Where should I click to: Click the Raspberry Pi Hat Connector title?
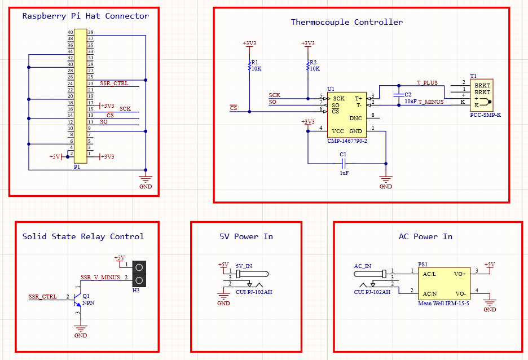[x=85, y=16]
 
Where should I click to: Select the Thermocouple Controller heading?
[x=346, y=23]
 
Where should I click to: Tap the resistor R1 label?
[x=254, y=63]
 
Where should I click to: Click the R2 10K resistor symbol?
[x=307, y=66]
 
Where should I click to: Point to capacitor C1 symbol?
[x=343, y=164]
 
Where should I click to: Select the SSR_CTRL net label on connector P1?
[x=114, y=84]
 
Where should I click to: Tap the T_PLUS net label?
[x=427, y=83]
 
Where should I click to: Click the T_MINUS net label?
[x=430, y=102]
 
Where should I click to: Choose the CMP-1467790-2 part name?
[x=347, y=141]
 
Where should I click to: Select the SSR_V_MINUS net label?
[x=100, y=277]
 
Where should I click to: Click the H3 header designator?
[x=136, y=291]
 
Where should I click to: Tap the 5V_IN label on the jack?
[x=244, y=266]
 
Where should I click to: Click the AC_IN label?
[x=363, y=266]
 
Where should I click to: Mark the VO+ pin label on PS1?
[x=460, y=274]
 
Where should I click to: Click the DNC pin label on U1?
[x=355, y=118]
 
